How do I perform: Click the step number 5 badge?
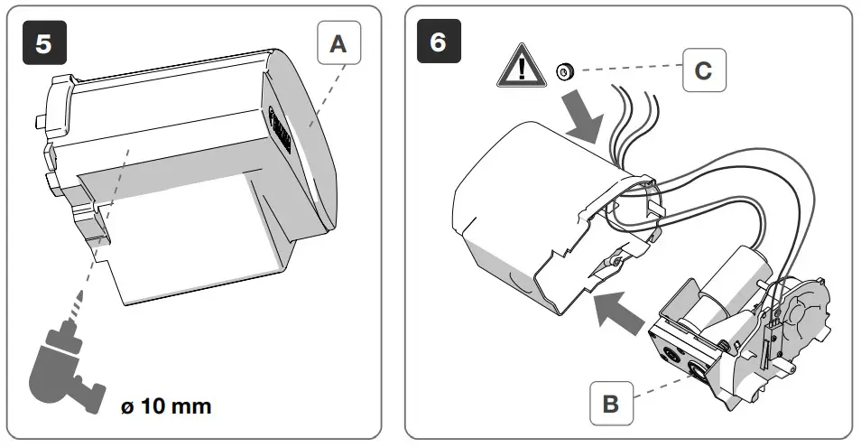43,44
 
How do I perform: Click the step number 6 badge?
438,44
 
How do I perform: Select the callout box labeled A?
338,44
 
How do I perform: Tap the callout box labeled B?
611,404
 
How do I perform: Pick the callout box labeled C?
702,70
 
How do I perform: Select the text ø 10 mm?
166,405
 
